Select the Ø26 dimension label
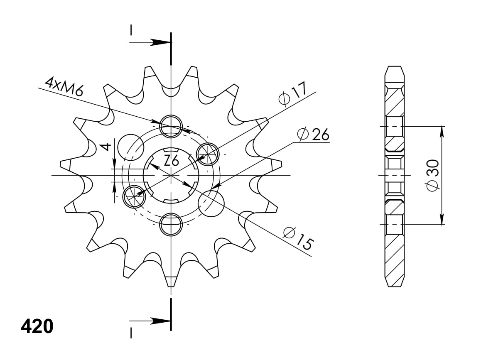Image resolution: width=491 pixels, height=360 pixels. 313,134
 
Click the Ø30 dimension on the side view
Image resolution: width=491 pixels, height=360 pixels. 432,175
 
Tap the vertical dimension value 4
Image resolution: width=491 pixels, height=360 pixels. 106,147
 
